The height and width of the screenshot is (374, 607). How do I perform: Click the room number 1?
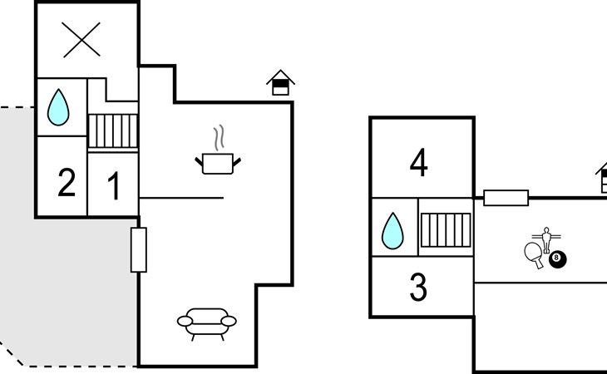tap(114, 185)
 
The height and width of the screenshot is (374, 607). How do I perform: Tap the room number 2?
tap(67, 183)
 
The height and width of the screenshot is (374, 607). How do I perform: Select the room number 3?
tap(419, 288)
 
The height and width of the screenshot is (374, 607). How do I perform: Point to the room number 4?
tap(419, 163)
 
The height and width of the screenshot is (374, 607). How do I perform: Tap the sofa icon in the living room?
tap(205, 322)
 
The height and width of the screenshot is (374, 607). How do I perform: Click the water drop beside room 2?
tap(57, 107)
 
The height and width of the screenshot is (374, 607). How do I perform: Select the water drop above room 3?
tap(392, 230)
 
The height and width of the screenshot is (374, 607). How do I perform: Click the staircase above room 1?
tap(112, 131)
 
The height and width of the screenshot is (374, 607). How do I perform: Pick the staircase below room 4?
tap(445, 229)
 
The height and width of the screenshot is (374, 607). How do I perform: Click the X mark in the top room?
tap(81, 39)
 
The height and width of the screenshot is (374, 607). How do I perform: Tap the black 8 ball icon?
tap(558, 261)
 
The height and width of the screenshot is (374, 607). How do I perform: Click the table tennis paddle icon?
tap(534, 253)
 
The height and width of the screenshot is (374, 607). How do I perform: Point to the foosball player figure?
tap(546, 239)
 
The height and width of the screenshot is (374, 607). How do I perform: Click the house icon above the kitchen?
tap(280, 83)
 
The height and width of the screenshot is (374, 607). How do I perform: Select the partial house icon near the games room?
tap(600, 178)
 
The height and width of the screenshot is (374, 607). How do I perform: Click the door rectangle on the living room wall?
tap(139, 249)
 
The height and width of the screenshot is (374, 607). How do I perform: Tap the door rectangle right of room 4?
tap(506, 198)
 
